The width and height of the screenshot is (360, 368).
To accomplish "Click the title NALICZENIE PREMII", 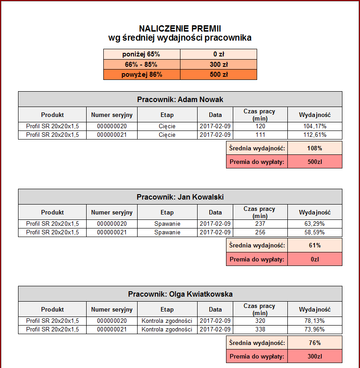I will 180,28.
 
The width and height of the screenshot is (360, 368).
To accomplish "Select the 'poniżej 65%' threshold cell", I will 142,54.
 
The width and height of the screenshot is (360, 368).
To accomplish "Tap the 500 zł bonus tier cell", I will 218,75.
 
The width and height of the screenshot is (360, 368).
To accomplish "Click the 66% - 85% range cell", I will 142,65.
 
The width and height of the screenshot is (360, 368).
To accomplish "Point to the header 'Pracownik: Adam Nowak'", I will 180,99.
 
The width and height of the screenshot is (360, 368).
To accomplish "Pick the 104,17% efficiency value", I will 314,126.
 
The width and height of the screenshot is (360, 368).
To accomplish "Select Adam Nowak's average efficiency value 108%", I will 314,148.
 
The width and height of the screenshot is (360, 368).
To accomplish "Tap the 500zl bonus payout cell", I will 314,162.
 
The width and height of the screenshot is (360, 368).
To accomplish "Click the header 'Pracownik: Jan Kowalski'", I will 180,197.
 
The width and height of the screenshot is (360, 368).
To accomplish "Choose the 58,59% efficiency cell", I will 314,232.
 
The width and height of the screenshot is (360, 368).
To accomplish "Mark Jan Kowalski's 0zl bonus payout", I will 314,259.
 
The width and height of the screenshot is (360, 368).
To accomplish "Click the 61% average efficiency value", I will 314,246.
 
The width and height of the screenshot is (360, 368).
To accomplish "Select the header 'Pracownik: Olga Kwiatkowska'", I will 180,294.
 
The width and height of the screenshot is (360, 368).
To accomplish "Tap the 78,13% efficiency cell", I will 314,321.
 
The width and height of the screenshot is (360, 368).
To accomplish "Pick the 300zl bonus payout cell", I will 314,356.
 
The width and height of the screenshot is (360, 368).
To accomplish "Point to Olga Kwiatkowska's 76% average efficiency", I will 314,343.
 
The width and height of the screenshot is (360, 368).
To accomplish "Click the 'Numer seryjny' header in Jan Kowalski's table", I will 112,212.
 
